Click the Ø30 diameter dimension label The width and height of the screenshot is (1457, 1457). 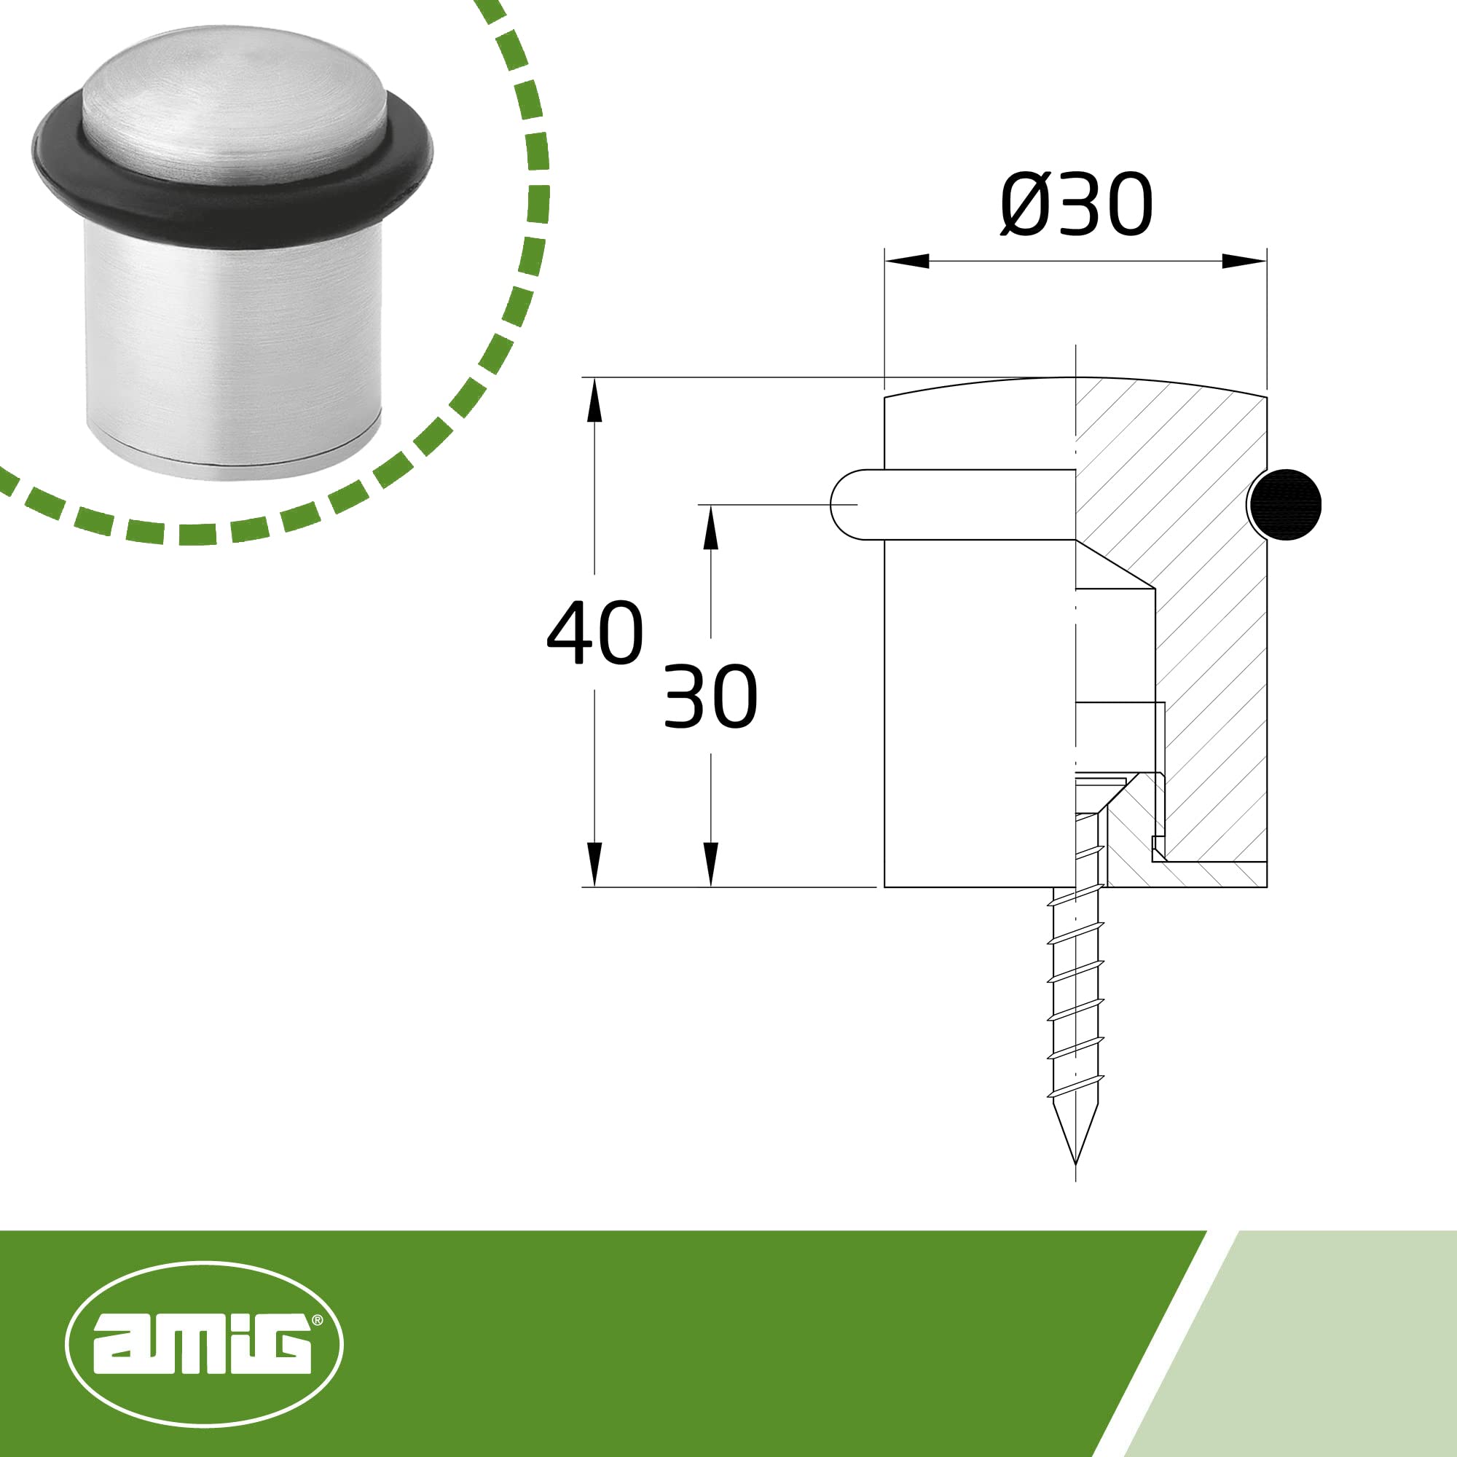click(x=1076, y=205)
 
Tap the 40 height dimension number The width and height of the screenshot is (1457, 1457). click(x=595, y=633)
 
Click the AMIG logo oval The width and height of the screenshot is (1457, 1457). click(x=205, y=1345)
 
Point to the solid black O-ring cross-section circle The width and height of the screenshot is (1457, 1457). click(x=1284, y=505)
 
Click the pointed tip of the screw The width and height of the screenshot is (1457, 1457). click(x=1075, y=1163)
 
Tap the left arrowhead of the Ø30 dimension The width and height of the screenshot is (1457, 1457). click(x=906, y=261)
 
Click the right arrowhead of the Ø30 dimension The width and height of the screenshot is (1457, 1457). click(x=1244, y=261)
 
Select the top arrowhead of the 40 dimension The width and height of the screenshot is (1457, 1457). click(x=595, y=400)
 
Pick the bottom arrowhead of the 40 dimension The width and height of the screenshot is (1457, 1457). click(x=595, y=864)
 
